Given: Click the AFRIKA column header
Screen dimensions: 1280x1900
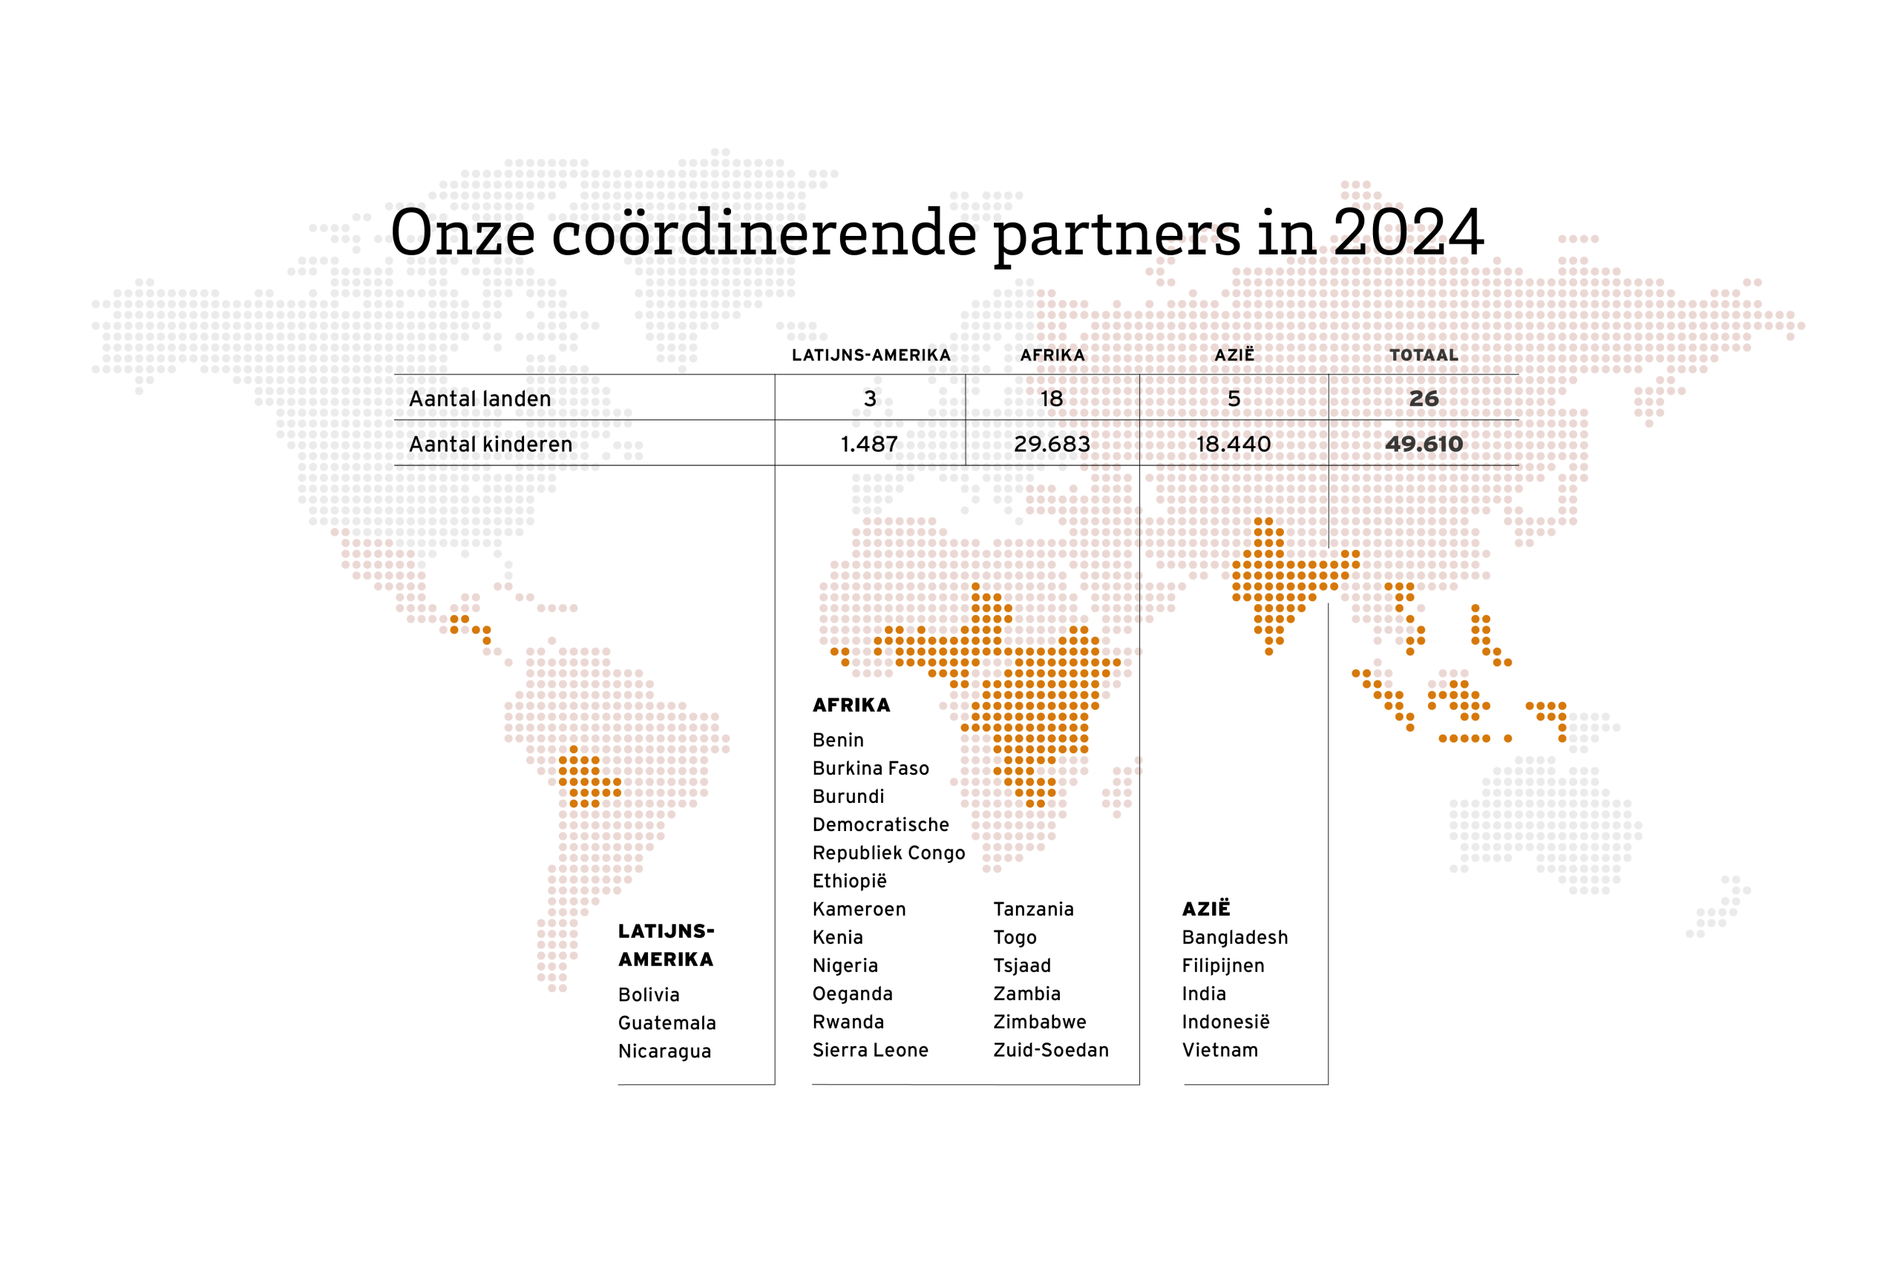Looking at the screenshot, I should (1052, 356).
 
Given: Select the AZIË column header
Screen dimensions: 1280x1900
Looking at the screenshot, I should (1234, 356).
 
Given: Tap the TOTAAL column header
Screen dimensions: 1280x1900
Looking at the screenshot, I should (1424, 356).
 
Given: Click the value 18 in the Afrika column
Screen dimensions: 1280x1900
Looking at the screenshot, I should (1052, 399).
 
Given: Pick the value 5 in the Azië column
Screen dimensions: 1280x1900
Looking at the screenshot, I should (1234, 399).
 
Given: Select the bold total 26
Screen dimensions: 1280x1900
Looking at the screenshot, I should (1424, 399).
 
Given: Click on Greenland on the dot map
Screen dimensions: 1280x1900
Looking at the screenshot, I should (718, 245).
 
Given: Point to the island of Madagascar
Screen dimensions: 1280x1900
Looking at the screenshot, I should (1123, 788).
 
